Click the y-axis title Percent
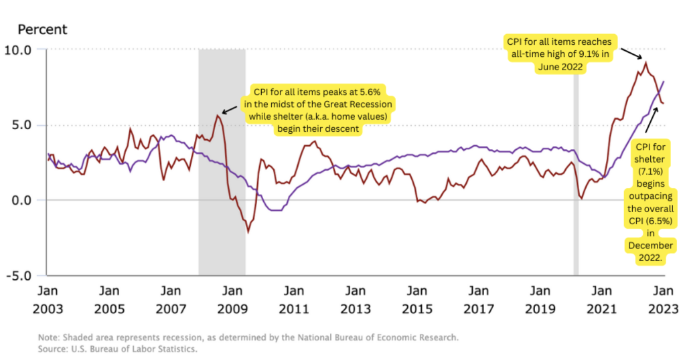(42, 29)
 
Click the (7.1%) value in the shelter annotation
(650, 170)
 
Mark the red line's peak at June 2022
(646, 63)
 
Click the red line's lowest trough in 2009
(248, 232)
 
